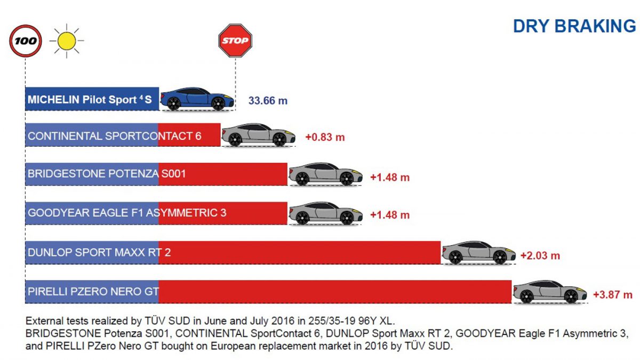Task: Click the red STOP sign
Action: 235,41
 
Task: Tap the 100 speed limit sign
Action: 26,41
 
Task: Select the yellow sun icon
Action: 67,41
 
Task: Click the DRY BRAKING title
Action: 574,26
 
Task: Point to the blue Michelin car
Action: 197,99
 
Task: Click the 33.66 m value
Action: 268,101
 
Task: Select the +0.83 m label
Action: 325,137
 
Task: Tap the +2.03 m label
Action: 540,255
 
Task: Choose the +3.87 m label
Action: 613,294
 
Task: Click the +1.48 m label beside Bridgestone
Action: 390,178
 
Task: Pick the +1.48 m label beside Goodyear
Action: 390,215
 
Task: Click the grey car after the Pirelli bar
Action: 550,292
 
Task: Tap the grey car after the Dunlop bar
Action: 479,253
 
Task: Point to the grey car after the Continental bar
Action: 258,135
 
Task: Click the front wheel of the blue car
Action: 218,103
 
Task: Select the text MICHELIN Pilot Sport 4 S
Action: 90,99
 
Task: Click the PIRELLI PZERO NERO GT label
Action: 93,291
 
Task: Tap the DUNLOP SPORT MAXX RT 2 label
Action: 99,252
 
